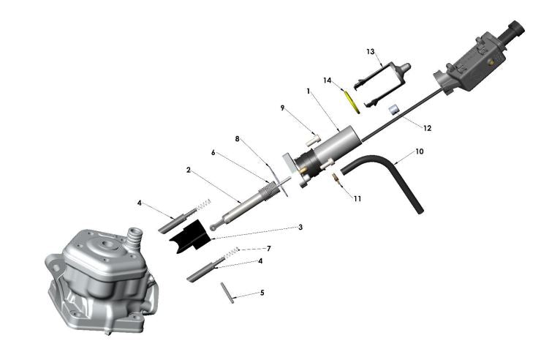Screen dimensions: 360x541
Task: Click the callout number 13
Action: click(371, 52)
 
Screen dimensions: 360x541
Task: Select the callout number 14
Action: click(328, 80)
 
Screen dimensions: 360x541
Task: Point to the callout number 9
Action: click(282, 108)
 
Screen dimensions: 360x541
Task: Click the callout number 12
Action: click(428, 127)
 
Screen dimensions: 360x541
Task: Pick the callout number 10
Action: click(419, 151)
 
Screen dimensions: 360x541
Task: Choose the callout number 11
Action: click(357, 198)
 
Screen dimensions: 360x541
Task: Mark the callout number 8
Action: click(237, 138)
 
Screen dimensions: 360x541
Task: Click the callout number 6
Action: click(213, 152)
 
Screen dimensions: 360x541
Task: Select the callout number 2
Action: click(188, 169)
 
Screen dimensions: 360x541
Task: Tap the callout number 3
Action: click(300, 228)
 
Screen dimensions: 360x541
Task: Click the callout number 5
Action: click(262, 292)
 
